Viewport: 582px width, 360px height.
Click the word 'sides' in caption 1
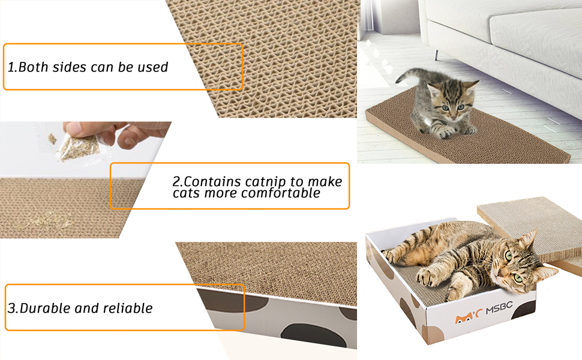[x=70, y=67]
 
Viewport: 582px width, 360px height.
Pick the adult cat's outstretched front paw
[x=430, y=275]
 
